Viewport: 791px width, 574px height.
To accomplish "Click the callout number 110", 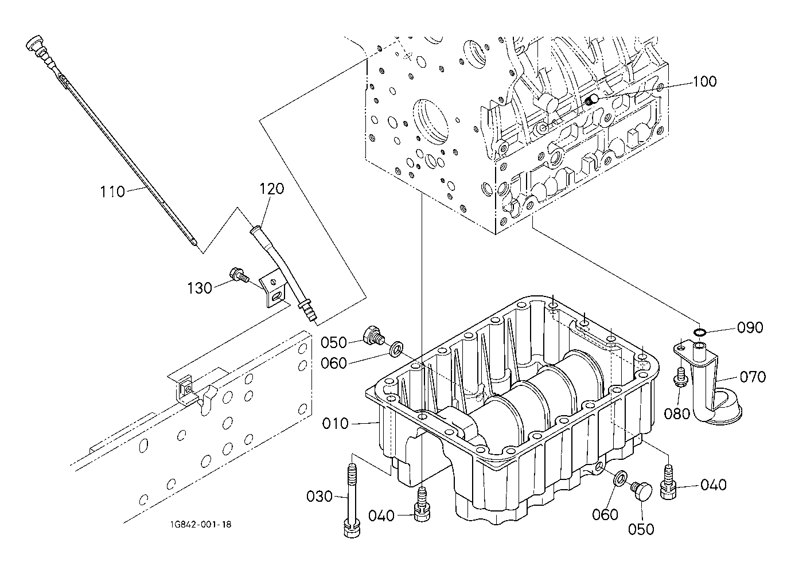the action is click(x=112, y=192).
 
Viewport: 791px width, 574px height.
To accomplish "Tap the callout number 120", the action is click(x=271, y=189).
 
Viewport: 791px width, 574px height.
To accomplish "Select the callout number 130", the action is click(x=200, y=288).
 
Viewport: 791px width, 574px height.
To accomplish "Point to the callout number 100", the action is click(x=705, y=81).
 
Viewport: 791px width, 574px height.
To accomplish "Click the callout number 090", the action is click(x=750, y=327).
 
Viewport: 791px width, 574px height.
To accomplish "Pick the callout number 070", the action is click(x=753, y=377).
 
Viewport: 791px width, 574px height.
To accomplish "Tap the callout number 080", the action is click(x=677, y=413).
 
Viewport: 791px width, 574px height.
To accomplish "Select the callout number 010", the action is click(x=336, y=424).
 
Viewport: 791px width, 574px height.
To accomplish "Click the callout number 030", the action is click(x=319, y=497).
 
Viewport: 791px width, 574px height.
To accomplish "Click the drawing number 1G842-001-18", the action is click(x=201, y=525).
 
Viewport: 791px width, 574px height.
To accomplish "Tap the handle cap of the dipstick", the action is click(x=34, y=42).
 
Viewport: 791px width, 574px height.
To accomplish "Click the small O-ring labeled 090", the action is click(x=700, y=332).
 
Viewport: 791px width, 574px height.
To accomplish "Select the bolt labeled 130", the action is click(x=239, y=275).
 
